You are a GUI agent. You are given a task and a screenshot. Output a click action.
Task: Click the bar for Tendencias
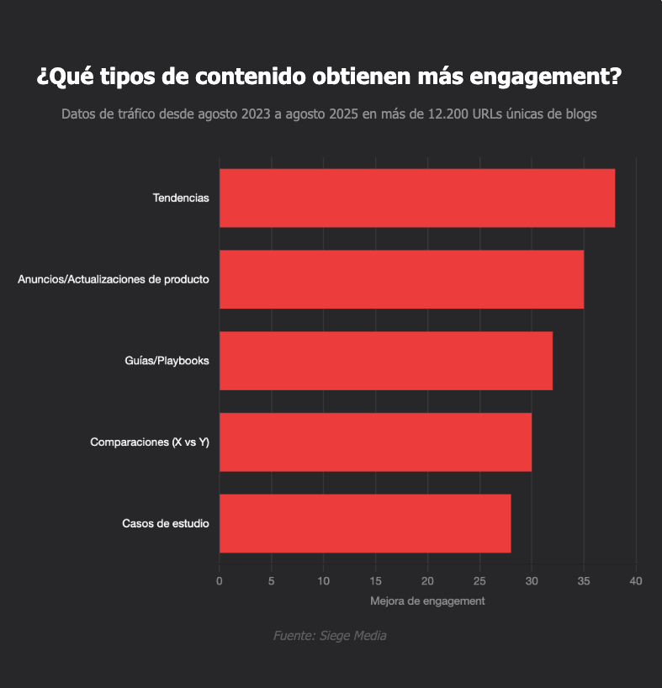(x=416, y=198)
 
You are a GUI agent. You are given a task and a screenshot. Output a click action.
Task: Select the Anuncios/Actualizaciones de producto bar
(x=401, y=279)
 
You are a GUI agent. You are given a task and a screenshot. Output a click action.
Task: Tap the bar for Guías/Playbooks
(x=385, y=361)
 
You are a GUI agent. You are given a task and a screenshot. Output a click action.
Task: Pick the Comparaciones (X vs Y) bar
(x=375, y=442)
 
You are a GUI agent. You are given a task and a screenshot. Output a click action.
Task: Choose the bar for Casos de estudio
(x=365, y=523)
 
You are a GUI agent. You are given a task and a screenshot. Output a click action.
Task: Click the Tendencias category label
(x=181, y=198)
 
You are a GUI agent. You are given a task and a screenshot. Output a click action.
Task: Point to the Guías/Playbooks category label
(x=167, y=361)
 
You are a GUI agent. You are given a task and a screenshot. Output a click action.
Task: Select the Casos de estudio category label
(x=166, y=524)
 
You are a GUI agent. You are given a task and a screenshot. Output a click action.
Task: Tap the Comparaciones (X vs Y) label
(x=150, y=442)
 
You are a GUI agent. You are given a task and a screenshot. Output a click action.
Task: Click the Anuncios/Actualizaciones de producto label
(x=114, y=279)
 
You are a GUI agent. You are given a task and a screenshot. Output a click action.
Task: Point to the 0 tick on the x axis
(x=220, y=581)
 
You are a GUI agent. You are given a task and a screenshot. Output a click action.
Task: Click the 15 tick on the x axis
(x=375, y=581)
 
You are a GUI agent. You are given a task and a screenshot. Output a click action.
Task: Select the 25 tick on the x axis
(x=479, y=581)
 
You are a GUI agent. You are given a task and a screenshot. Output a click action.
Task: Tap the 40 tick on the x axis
(x=636, y=581)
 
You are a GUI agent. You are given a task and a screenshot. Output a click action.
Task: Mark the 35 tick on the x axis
(x=584, y=581)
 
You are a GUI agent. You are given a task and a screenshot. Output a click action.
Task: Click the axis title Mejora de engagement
(x=427, y=601)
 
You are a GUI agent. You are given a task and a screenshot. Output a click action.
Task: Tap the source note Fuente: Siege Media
(x=330, y=636)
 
